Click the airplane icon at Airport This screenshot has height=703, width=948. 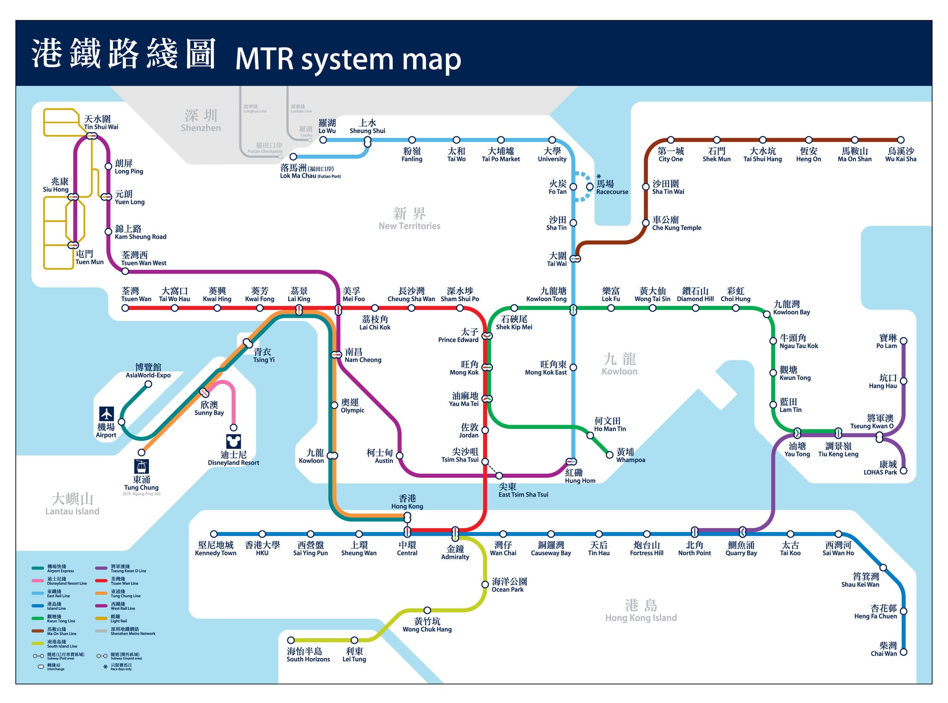106,413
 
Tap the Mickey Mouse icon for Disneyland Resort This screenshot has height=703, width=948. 233,441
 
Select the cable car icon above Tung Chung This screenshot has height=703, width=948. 141,466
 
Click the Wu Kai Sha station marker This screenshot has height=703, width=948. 901,140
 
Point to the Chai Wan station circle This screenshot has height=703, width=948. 903,652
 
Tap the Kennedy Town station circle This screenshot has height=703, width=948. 214,534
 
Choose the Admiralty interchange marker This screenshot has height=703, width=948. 455,534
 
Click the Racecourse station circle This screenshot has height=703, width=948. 590,187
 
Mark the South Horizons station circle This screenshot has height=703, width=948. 291,640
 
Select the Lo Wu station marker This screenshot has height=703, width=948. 323,140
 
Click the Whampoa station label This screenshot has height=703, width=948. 630,456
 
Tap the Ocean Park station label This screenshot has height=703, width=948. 509,584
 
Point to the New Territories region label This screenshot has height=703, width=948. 410,219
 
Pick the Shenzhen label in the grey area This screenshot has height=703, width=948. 201,120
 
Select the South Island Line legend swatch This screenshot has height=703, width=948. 38,644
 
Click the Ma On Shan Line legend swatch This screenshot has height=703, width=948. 38,631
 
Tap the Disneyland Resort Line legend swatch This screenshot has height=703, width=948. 38,581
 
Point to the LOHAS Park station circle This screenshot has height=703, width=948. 903,471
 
